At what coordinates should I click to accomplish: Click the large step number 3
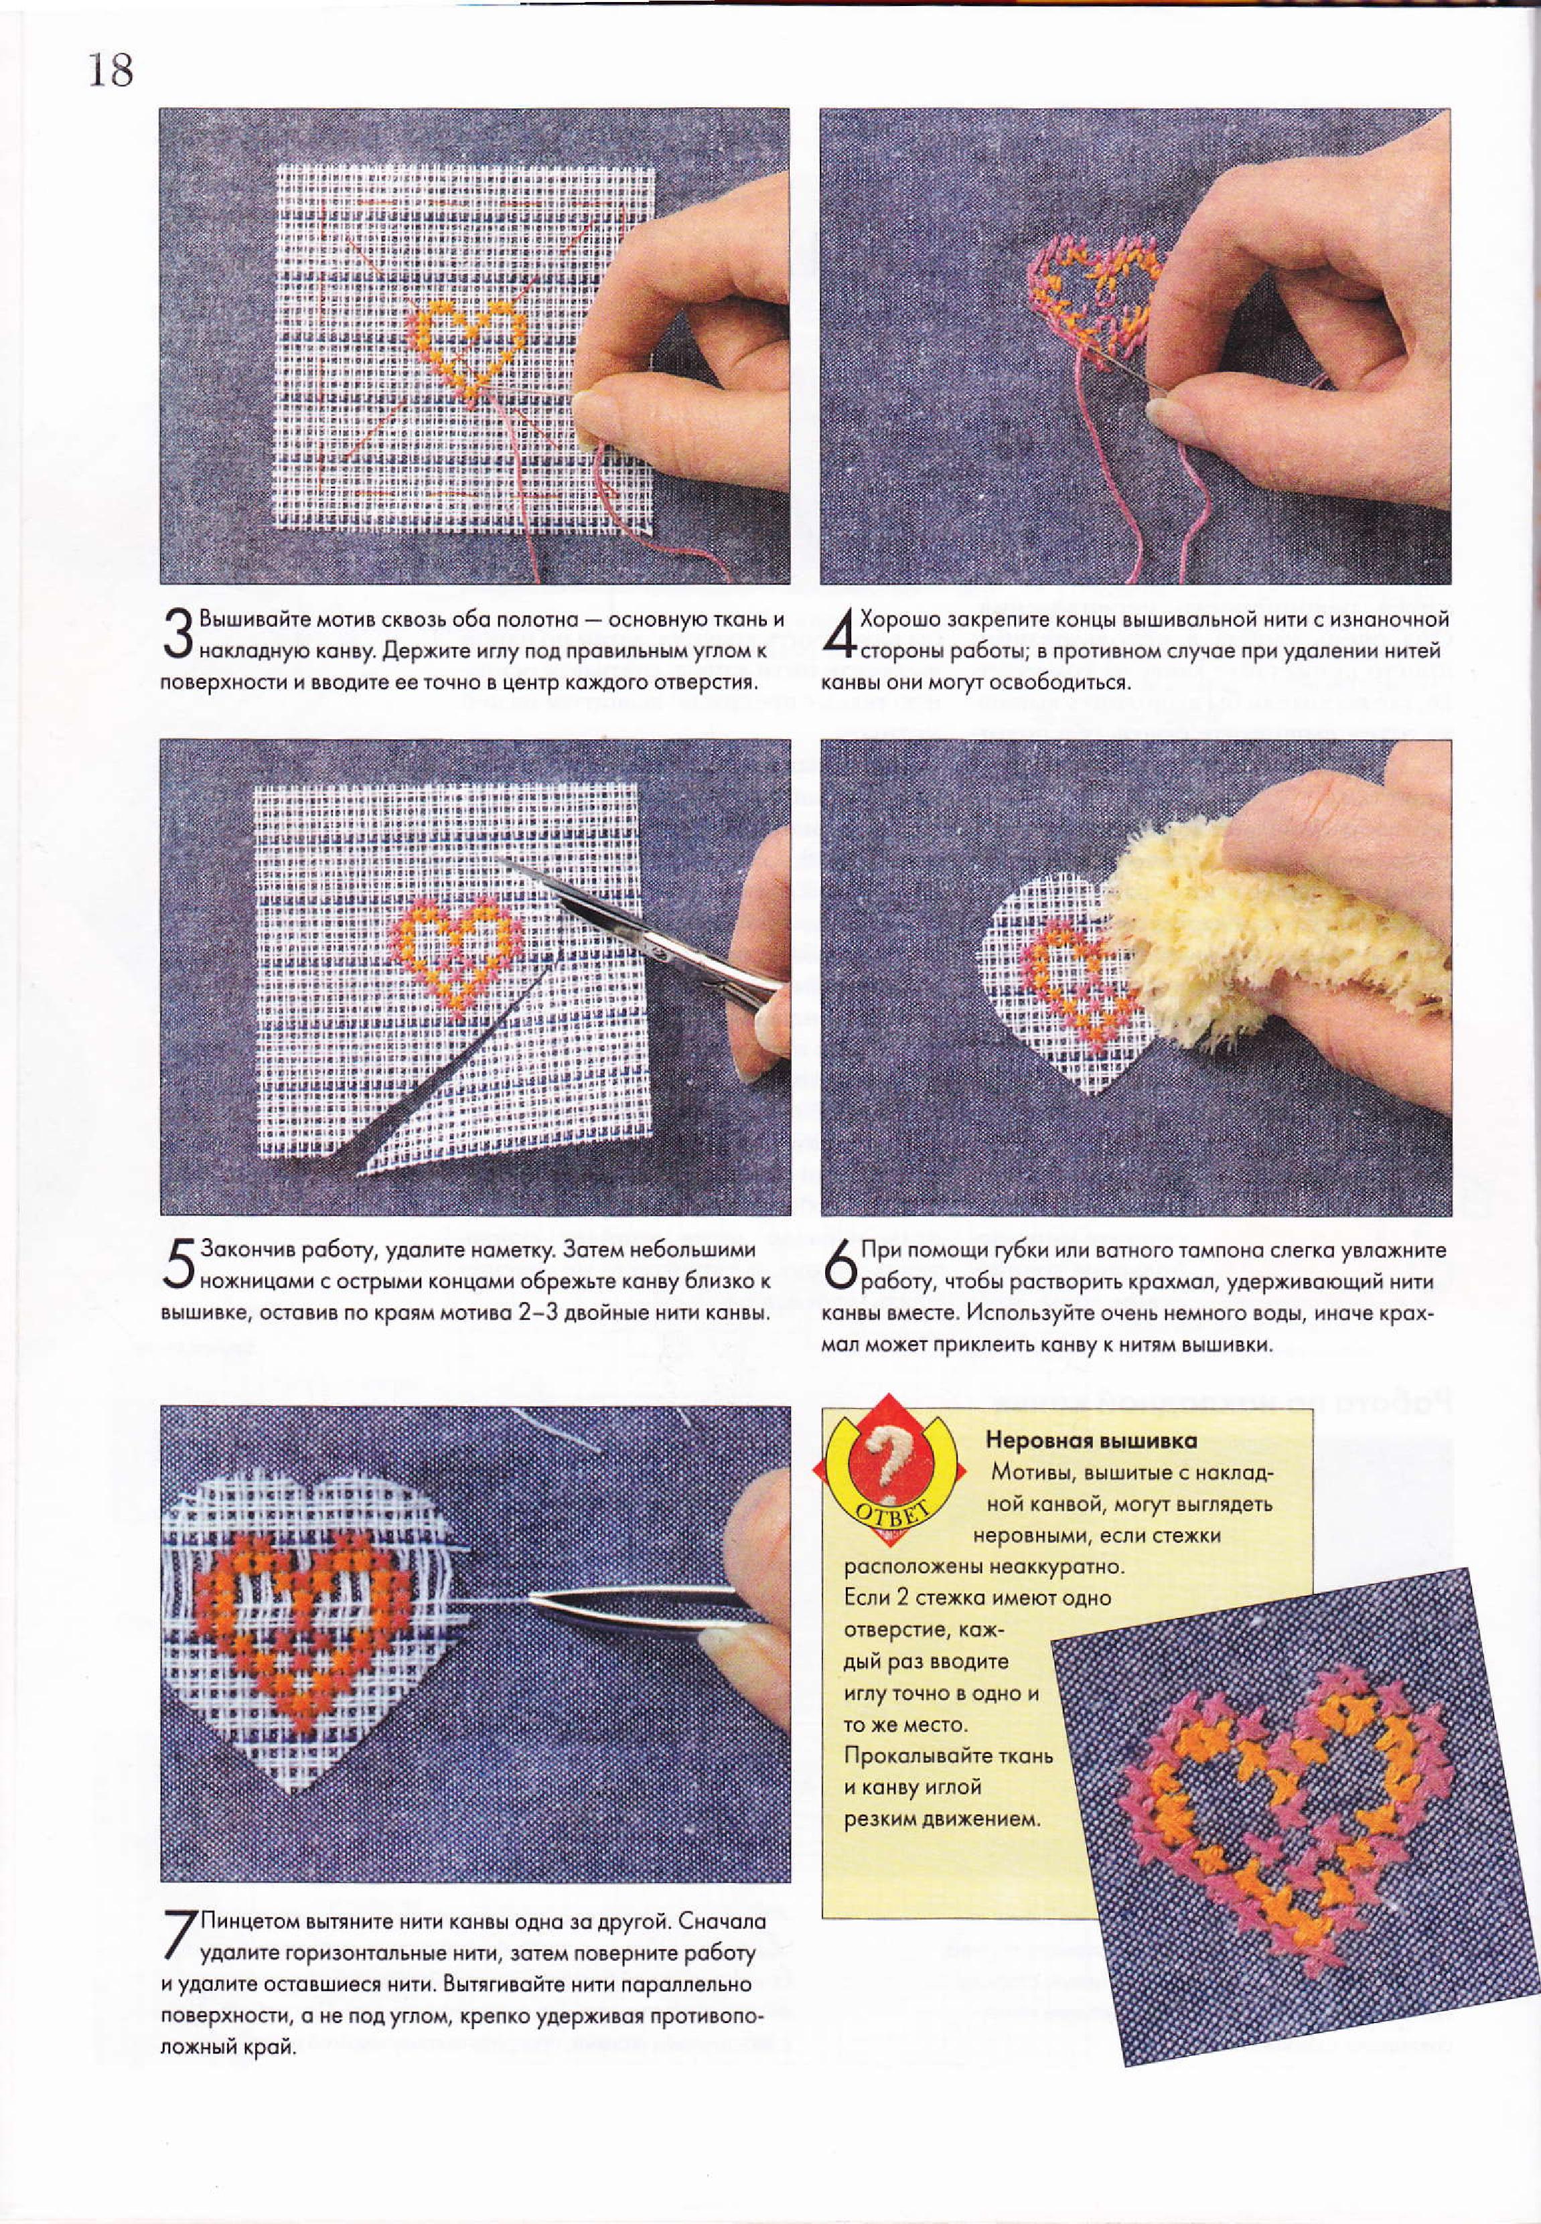click(179, 632)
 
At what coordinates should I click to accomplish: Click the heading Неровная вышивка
click(1091, 1441)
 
